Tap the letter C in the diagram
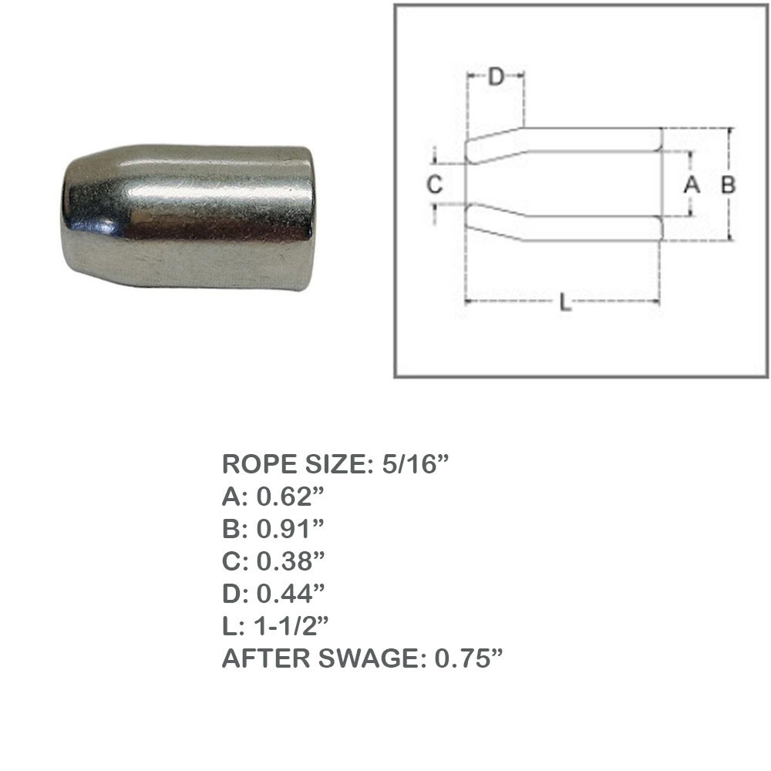click(x=434, y=184)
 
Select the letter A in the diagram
click(x=691, y=184)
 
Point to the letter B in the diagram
click(x=728, y=184)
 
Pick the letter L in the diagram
click(x=565, y=304)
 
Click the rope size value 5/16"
click(x=415, y=465)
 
